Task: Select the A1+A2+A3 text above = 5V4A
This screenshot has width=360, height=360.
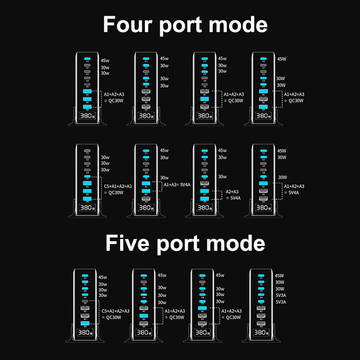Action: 294,186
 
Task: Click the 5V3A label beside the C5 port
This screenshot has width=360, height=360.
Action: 280,302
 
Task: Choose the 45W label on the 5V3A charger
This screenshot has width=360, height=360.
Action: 279,276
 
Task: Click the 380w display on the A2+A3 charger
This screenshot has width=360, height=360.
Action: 205,208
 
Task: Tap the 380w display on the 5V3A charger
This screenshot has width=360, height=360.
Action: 261,333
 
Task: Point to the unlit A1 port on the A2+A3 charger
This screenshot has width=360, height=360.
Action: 205,183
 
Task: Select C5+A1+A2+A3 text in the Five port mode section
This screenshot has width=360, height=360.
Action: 116,310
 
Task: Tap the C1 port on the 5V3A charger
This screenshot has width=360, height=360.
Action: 261,275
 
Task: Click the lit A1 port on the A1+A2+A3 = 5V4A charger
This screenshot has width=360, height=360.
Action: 263,183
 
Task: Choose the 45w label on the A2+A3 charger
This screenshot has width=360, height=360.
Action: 222,151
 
